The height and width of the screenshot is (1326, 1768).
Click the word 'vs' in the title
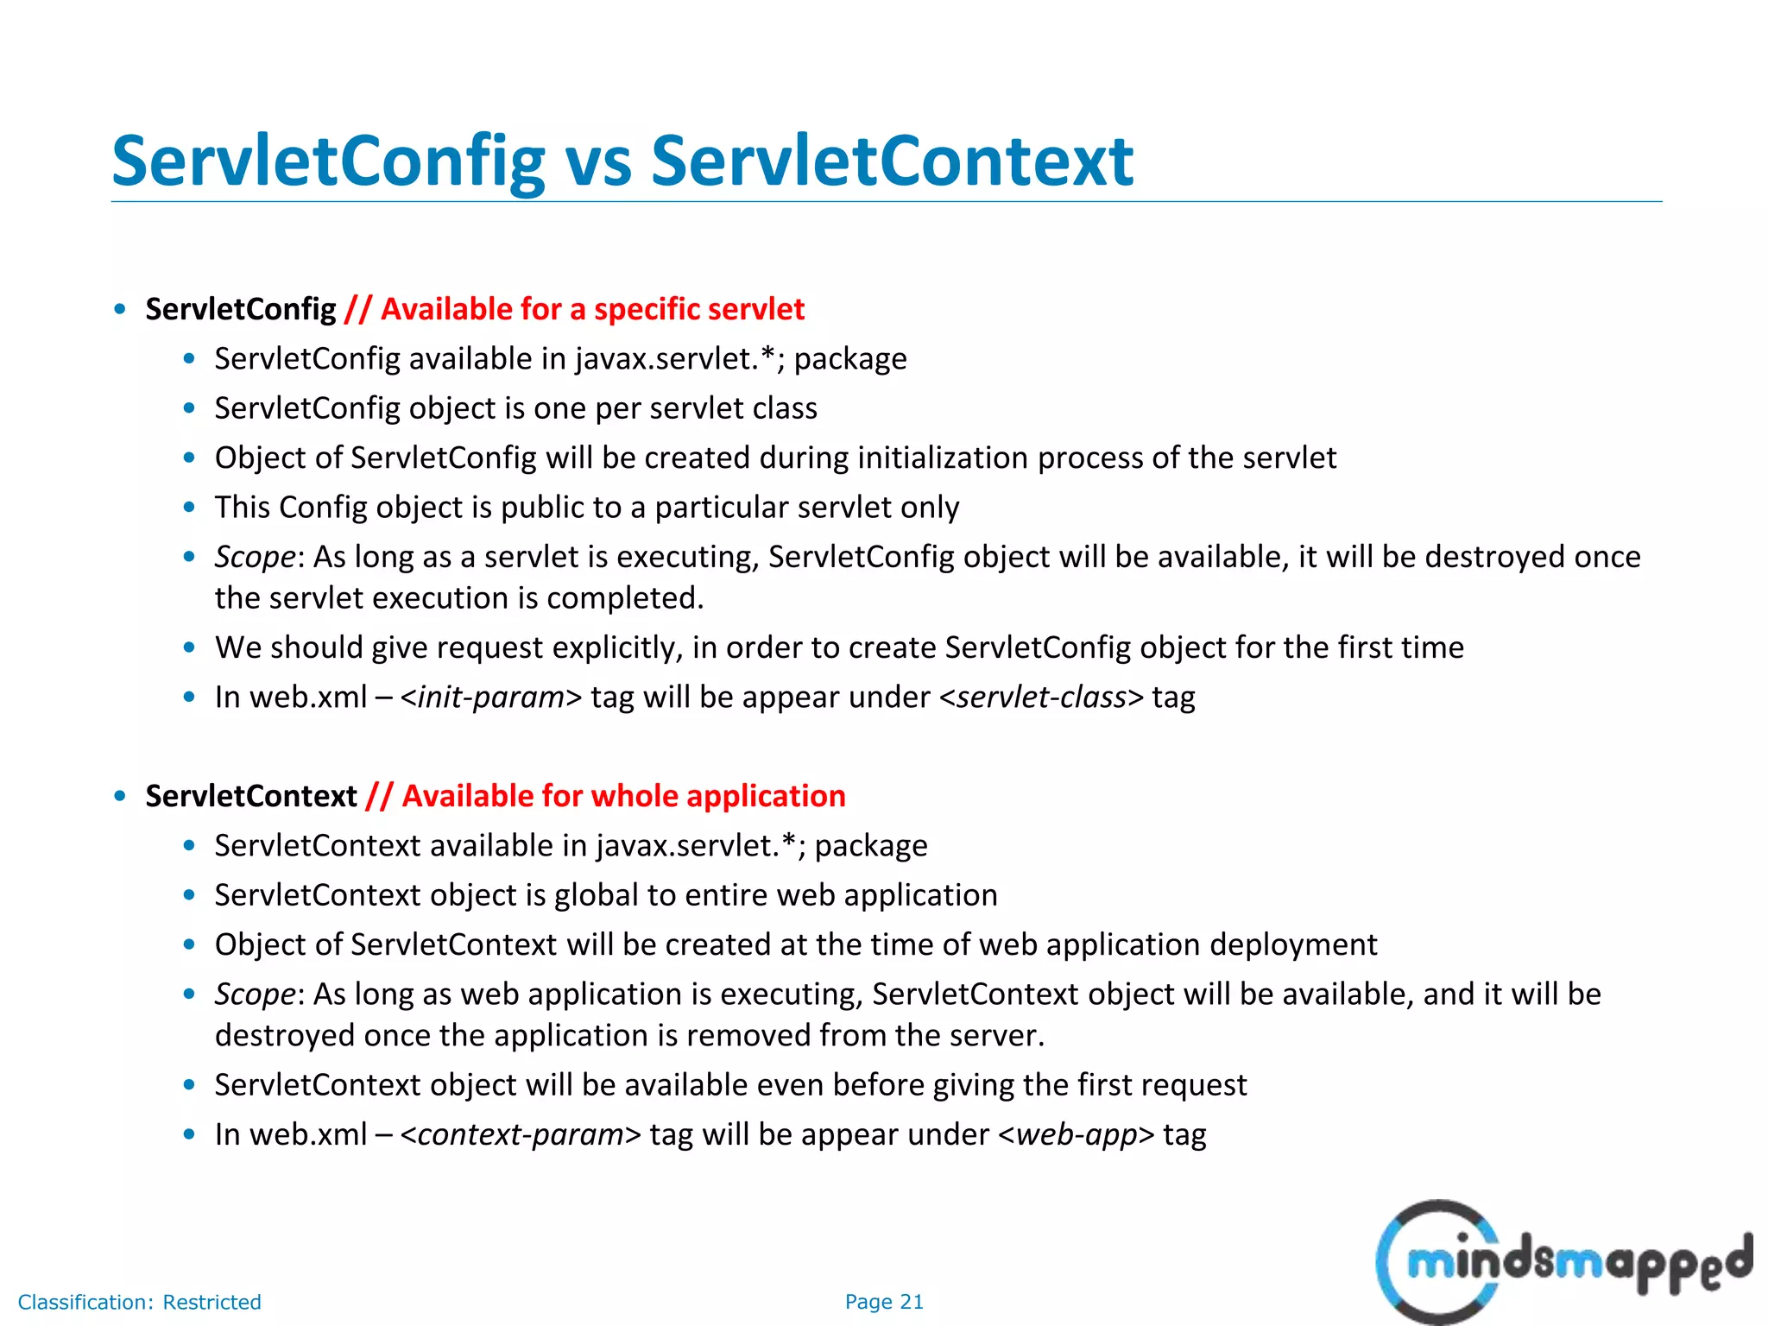[x=597, y=162]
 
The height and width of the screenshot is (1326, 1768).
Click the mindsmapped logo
[x=1563, y=1262]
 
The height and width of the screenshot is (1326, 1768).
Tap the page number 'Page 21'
[x=884, y=1302]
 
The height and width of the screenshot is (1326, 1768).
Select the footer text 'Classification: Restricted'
[x=139, y=1302]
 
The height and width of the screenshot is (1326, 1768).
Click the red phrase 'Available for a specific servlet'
[x=592, y=309]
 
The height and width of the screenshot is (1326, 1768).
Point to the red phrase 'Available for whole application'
[x=623, y=796]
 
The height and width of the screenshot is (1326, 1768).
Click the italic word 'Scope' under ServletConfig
[x=255, y=557]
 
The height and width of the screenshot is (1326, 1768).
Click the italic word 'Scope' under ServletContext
[x=255, y=994]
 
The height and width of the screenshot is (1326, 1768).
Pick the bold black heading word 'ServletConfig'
[x=240, y=309]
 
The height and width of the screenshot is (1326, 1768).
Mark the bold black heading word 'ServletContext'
[x=250, y=796]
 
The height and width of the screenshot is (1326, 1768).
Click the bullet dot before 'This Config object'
[x=190, y=508]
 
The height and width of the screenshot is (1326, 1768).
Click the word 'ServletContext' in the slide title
[x=892, y=162]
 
